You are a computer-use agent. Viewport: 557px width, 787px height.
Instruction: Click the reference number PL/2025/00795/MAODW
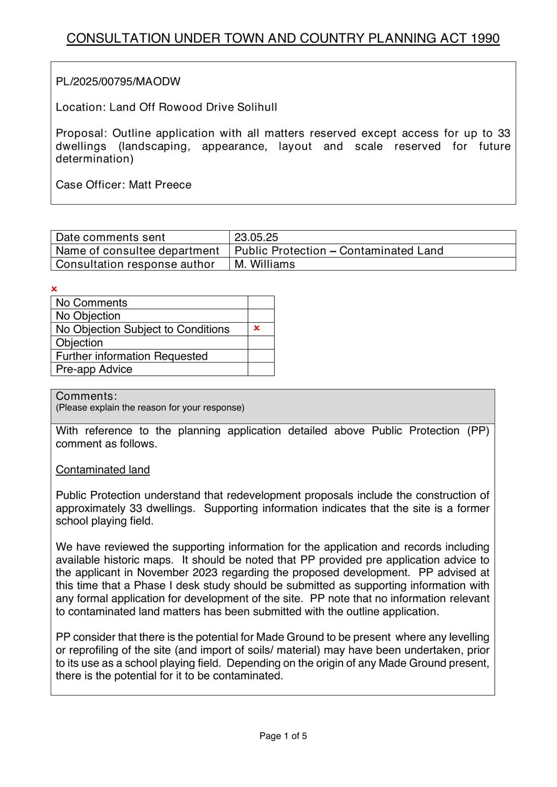pos(118,82)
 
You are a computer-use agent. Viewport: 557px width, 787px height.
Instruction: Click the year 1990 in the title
pos(485,38)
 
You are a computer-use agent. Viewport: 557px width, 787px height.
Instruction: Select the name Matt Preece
pos(160,185)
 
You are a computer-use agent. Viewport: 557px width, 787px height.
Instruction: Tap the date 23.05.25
pos(256,237)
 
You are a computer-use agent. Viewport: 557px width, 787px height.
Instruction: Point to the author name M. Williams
pos(265,264)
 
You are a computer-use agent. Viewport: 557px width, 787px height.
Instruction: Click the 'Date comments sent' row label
pos(110,237)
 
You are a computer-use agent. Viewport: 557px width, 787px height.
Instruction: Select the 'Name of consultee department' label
pos(137,251)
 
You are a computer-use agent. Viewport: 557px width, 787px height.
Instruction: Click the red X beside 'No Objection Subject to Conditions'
pos(256,328)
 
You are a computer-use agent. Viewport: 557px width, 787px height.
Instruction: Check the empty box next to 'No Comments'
pos(261,303)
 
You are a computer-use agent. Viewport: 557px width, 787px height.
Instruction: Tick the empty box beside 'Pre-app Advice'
pos(261,369)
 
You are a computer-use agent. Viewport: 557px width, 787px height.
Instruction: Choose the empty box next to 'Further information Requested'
pos(261,356)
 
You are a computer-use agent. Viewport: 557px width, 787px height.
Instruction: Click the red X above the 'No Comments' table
pos(54,289)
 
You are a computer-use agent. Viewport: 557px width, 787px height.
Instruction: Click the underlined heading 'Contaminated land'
pos(102,470)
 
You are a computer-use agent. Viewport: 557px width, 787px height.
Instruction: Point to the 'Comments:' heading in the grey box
pos(87,396)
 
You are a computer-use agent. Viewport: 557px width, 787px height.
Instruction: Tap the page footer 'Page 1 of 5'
pos(283,736)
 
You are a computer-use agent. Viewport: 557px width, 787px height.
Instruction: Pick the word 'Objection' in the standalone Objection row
pos(79,343)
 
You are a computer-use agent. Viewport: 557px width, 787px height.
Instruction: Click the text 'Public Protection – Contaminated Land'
pos(339,251)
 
